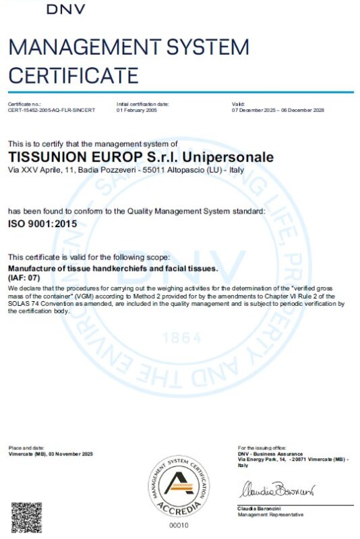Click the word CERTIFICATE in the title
pos(73,74)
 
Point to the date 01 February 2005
pos(138,110)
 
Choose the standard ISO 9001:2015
pos(42,223)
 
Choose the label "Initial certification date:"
pos(142,104)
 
